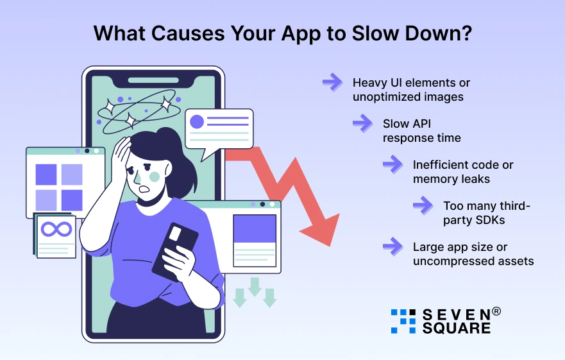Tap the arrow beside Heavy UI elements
pos(332,82)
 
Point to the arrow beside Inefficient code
pos(392,164)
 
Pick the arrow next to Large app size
pos(392,246)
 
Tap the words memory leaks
pos(451,179)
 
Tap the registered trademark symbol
pos(496,312)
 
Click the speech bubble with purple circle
pos(219,130)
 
